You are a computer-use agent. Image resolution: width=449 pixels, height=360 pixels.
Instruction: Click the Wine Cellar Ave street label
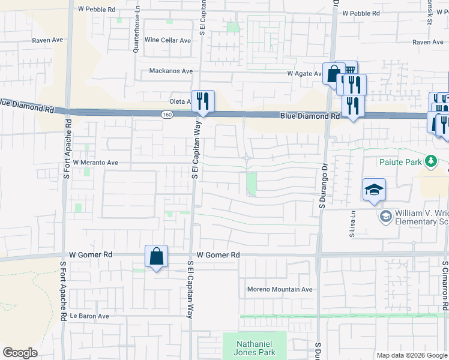[x=167, y=40]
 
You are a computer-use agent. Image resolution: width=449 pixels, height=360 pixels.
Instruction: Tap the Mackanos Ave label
[x=171, y=71]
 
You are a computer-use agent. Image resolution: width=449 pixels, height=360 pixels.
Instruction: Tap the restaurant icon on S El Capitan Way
[x=202, y=101]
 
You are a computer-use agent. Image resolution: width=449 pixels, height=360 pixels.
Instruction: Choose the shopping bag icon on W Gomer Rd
[x=156, y=256]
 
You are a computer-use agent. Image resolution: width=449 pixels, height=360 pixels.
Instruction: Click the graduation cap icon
[x=374, y=190]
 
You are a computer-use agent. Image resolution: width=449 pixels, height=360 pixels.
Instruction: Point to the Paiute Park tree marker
[x=430, y=161]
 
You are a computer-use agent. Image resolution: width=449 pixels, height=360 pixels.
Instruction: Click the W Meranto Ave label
[x=95, y=163]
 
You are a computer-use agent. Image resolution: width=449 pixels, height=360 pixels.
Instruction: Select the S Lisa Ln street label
[x=353, y=223]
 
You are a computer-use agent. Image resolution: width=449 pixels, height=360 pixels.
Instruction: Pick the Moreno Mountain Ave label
[x=280, y=289]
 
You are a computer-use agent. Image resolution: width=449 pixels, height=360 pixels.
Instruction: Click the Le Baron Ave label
[x=89, y=316]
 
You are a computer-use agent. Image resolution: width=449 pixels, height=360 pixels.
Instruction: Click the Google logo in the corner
[x=20, y=353]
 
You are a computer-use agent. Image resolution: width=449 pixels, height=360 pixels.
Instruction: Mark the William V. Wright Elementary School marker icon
[x=385, y=215]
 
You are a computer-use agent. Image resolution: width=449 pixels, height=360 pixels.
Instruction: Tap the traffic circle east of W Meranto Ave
[x=247, y=158]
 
